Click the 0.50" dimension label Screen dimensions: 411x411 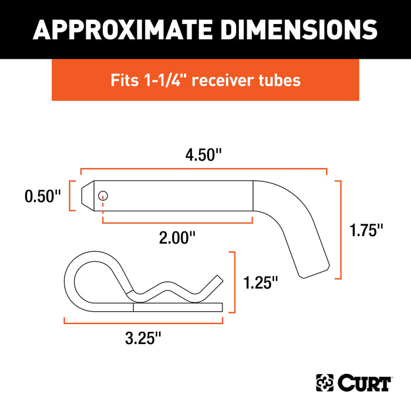point(42,196)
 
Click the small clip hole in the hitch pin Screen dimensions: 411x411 point(103,196)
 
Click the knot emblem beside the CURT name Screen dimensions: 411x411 point(325,383)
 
